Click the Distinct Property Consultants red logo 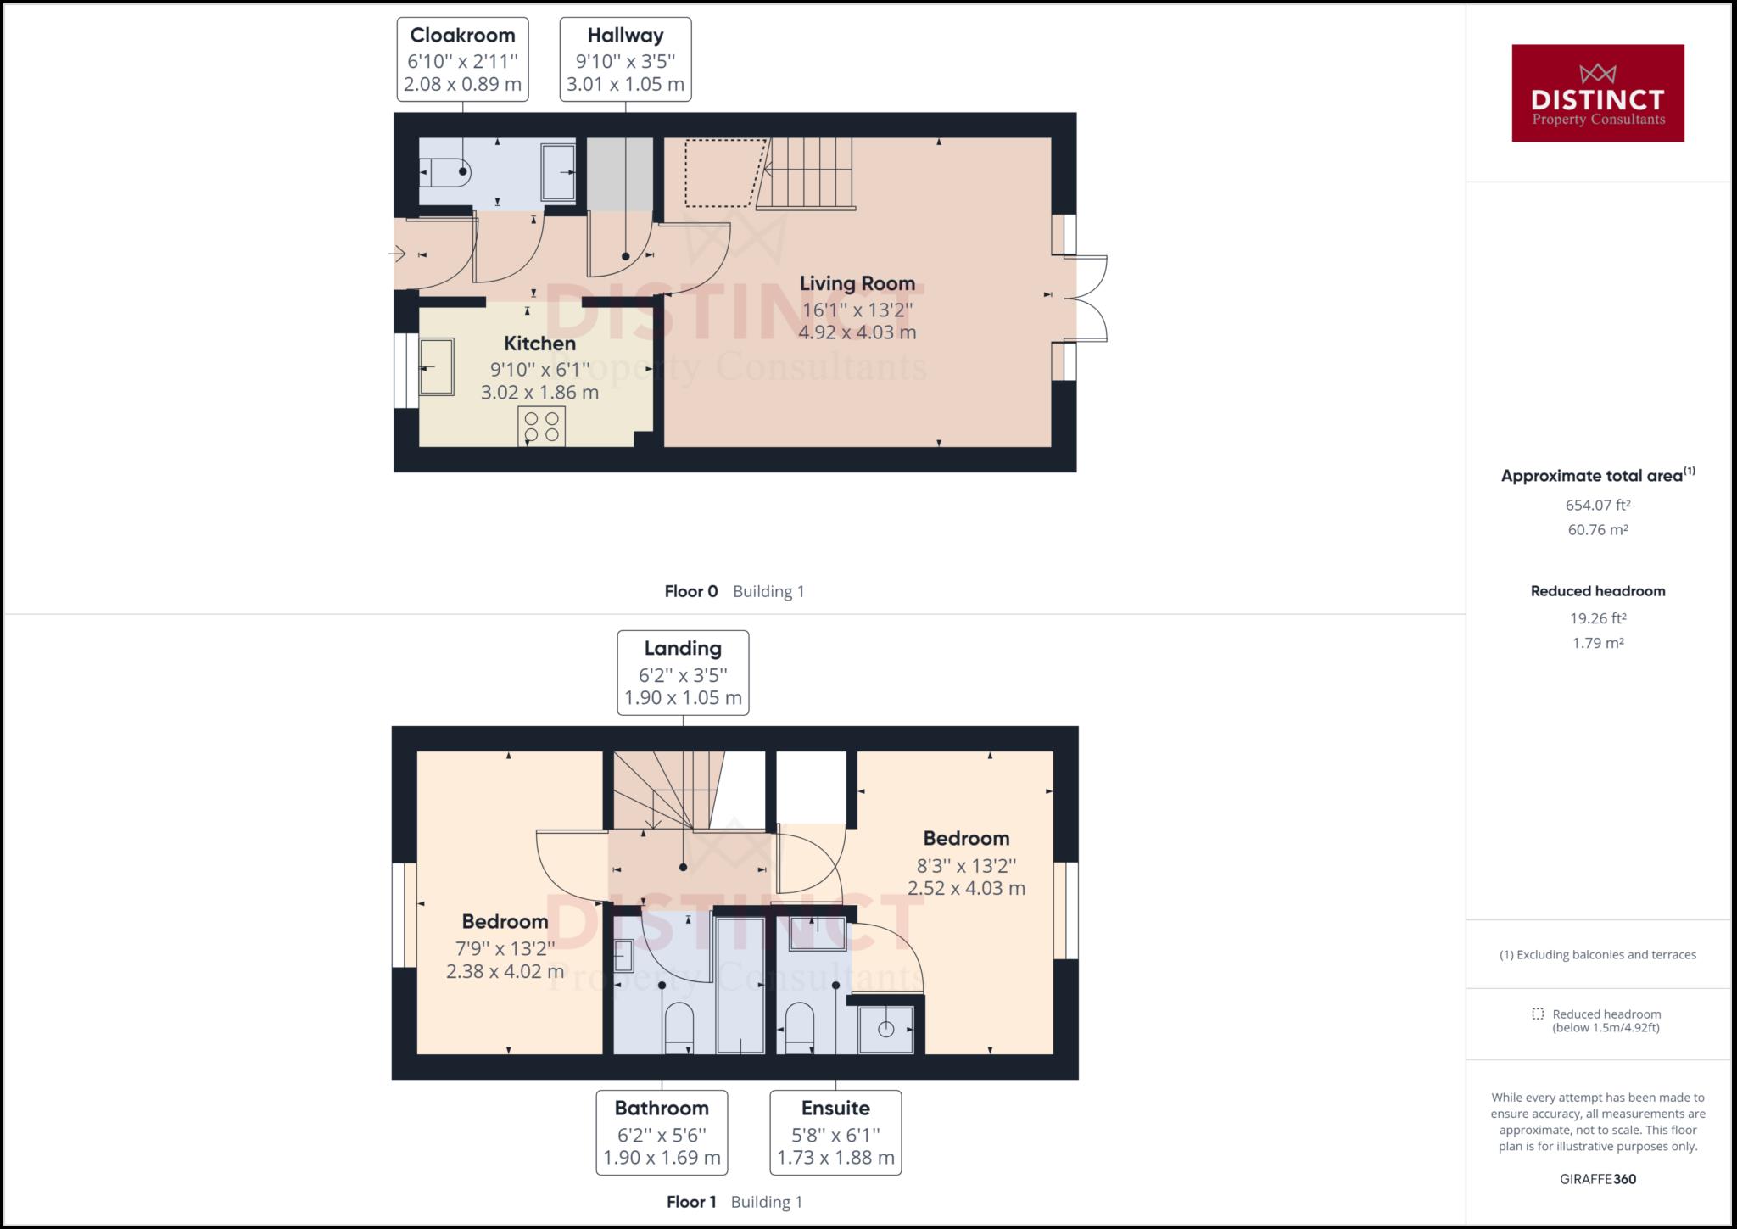1597,93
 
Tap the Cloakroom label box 462,59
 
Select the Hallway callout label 625,59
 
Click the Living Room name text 857,283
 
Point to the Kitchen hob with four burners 542,427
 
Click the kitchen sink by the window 437,366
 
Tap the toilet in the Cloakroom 446,173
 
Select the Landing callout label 683,673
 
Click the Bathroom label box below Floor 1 662,1132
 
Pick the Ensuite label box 835,1132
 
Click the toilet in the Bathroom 679,1027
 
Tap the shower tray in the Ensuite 886,1030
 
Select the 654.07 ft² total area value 1598,506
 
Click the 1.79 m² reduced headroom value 1598,643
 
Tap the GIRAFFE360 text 1598,1179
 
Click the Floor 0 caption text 691,591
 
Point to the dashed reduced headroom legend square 1538,1014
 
